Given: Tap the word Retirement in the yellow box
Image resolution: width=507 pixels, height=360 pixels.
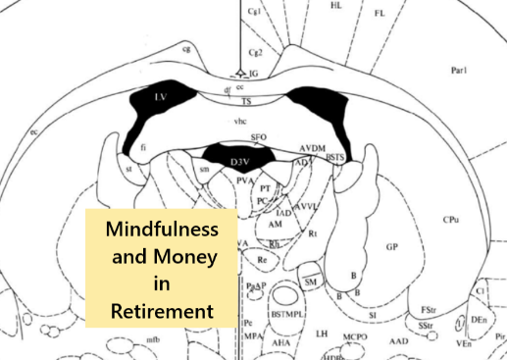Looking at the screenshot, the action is [x=162, y=311].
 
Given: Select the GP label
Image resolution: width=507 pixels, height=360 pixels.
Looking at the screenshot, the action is [x=392, y=246].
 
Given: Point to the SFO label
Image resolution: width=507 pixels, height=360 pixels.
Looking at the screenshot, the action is [x=259, y=137].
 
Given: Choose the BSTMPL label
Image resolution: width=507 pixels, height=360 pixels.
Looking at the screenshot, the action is [x=287, y=316].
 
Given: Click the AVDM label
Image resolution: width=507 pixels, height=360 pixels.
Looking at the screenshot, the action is [x=314, y=146].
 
